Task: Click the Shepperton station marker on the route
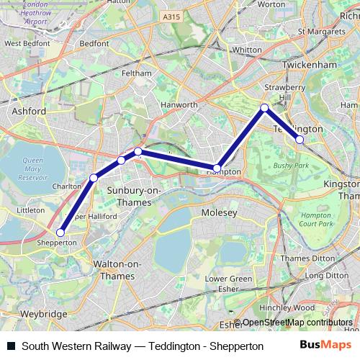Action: coord(60,233)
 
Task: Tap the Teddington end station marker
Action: coord(300,140)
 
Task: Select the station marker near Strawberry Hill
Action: coord(264,108)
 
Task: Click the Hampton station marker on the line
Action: coord(217,168)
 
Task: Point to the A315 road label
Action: coord(172,17)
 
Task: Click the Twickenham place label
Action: coord(311,64)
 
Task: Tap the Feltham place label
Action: coord(137,73)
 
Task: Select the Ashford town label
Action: coord(29,112)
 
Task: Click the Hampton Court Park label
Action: coord(316,220)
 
